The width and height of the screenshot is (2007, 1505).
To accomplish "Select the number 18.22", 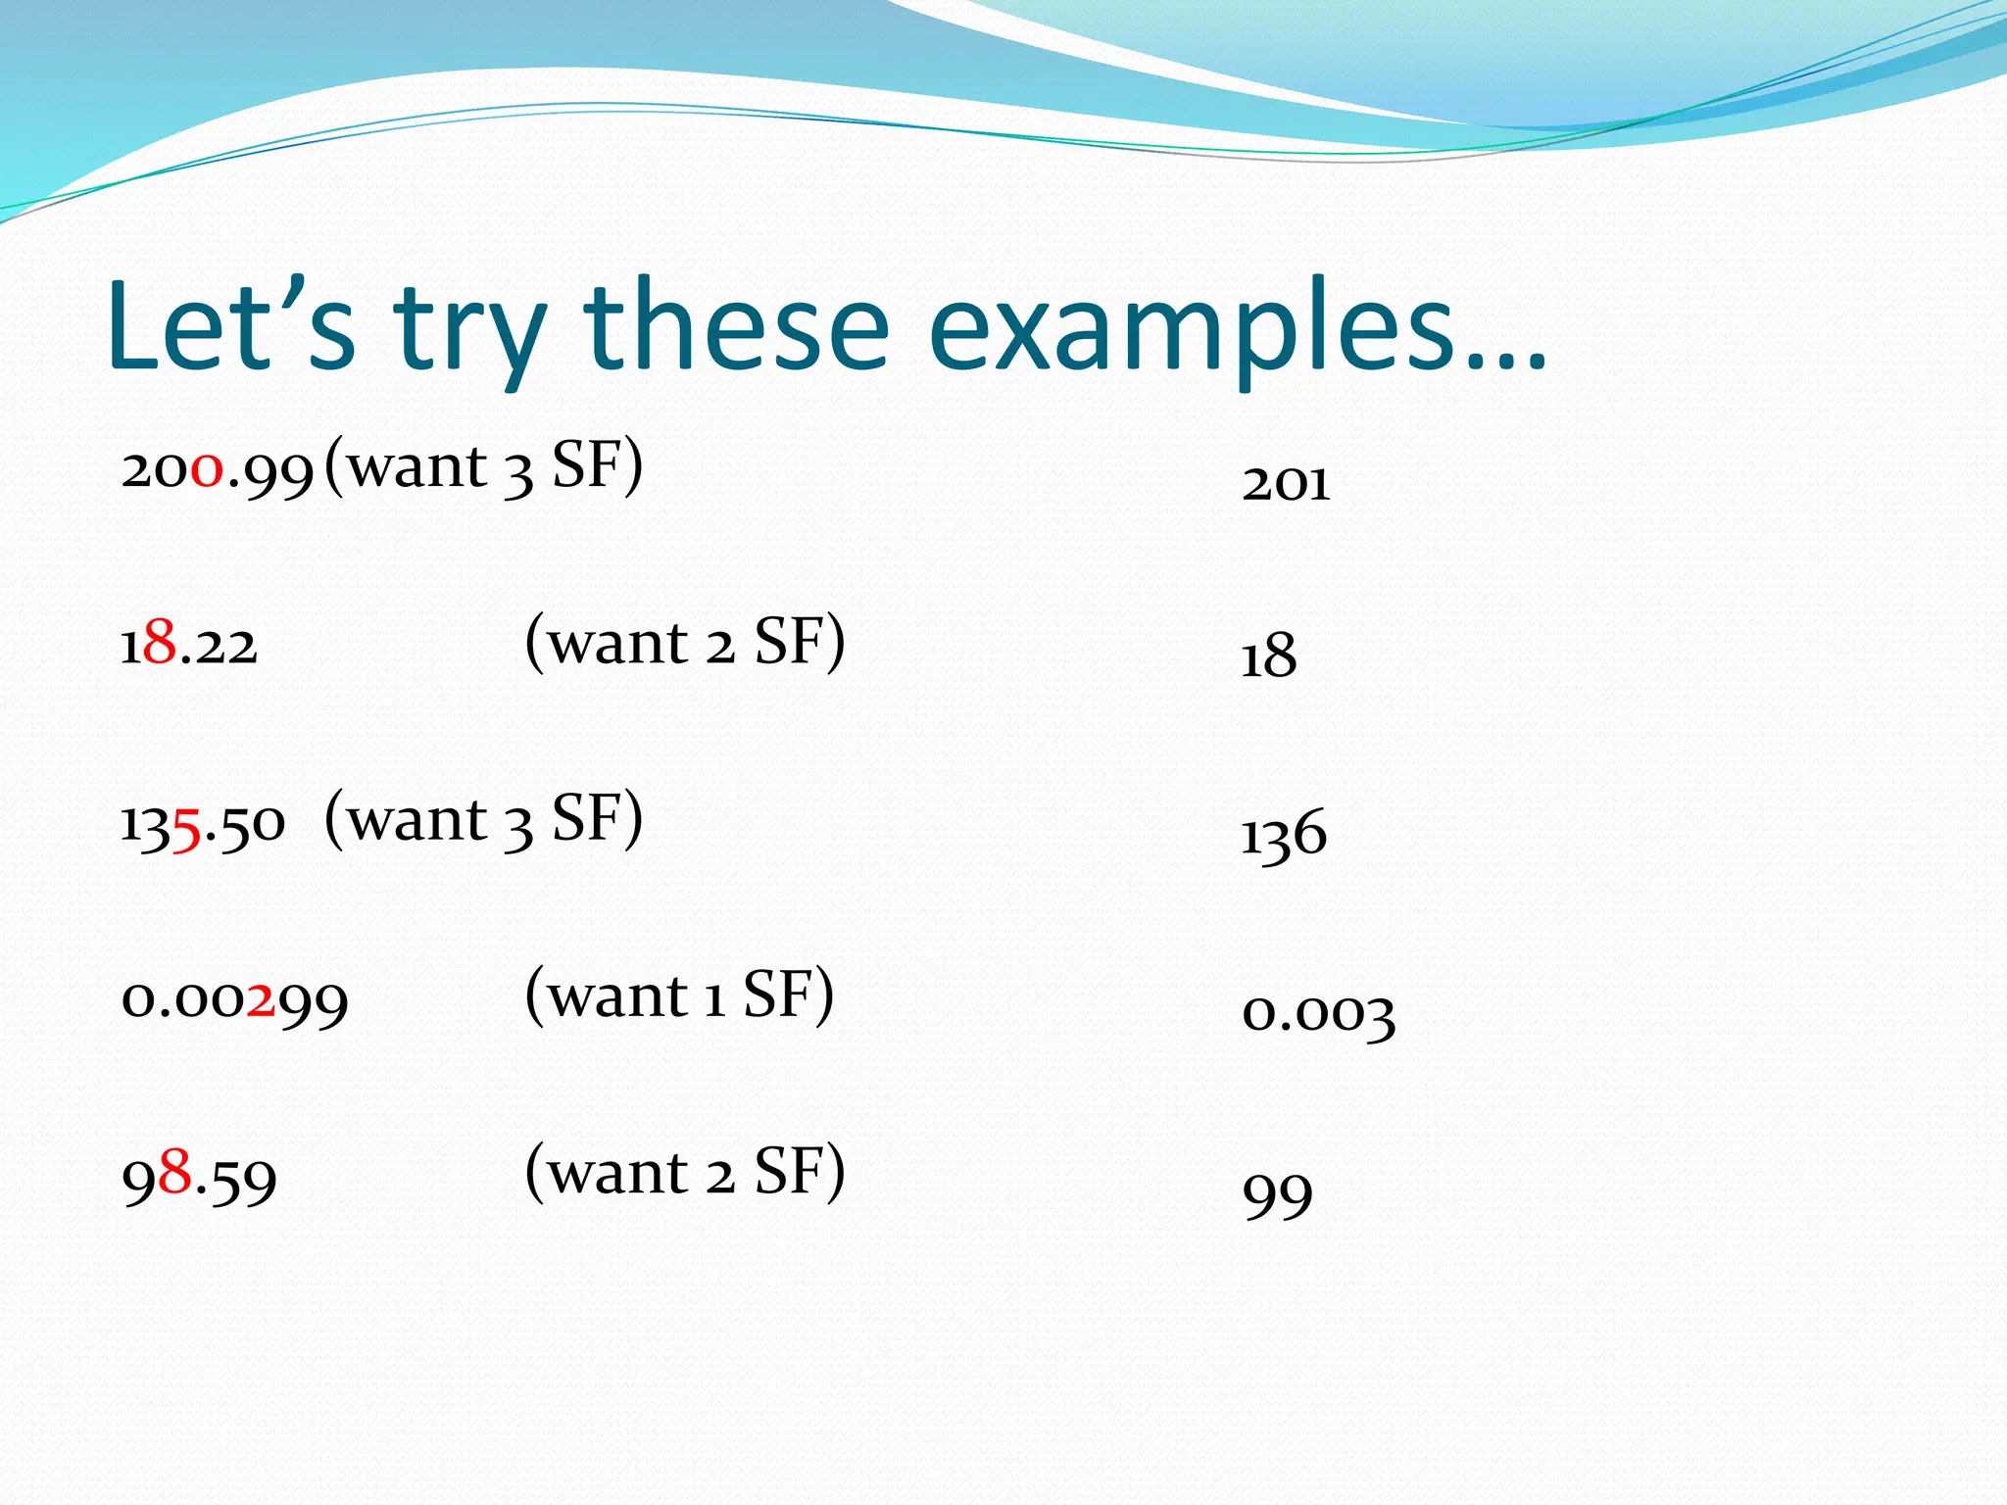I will [x=188, y=646].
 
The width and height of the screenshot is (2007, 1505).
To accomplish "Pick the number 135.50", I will [x=203, y=824].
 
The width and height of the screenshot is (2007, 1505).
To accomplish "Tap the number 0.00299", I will [x=234, y=1000].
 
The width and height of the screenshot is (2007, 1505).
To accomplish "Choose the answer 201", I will [x=1286, y=483].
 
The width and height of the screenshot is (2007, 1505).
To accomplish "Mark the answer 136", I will [x=1284, y=836].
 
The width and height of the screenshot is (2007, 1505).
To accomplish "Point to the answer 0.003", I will [x=1318, y=1013].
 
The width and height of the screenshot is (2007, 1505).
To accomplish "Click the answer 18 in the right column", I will [x=1268, y=655].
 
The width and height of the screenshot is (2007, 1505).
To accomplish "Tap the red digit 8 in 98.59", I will [x=174, y=1171].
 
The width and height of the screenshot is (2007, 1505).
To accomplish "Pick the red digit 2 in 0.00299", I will [x=261, y=999].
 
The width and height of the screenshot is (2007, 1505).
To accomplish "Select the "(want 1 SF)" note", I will [x=680, y=995].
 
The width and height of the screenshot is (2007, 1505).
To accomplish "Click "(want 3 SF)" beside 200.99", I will [x=483, y=466].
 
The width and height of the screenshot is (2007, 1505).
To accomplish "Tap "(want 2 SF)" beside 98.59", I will [x=685, y=1172].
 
